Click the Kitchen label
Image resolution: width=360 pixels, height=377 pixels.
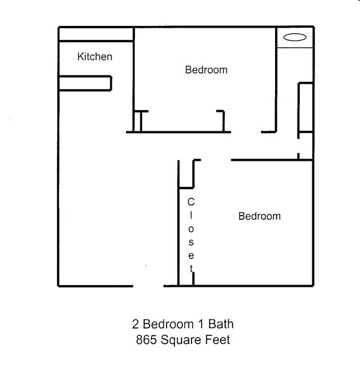pos(95,57)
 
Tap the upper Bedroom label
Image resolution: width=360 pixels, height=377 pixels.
pos(206,70)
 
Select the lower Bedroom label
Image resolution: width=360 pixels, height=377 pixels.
pos(259,216)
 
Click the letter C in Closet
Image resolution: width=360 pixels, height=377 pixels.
pos(191,202)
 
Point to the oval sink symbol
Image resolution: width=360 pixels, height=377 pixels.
pos(295,37)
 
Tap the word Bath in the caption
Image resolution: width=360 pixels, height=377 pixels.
pos(221,324)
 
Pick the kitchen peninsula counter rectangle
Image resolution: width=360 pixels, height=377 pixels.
pos(85,83)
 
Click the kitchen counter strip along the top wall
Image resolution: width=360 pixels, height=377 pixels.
pos(96,34)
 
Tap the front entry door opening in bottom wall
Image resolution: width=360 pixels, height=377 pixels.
pos(148,286)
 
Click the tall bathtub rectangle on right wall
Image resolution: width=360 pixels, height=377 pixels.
pos(306,107)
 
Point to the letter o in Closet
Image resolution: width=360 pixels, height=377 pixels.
pos(191,229)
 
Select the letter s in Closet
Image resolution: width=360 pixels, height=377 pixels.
pos(191,242)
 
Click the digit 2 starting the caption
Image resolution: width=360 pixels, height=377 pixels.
pos(136,324)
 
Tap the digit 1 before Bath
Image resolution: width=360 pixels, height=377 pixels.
pos(201,324)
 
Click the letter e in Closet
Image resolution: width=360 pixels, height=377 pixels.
pos(191,256)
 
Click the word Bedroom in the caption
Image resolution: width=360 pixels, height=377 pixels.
pos(168,324)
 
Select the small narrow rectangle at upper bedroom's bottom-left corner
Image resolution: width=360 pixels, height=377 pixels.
pos(137,121)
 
